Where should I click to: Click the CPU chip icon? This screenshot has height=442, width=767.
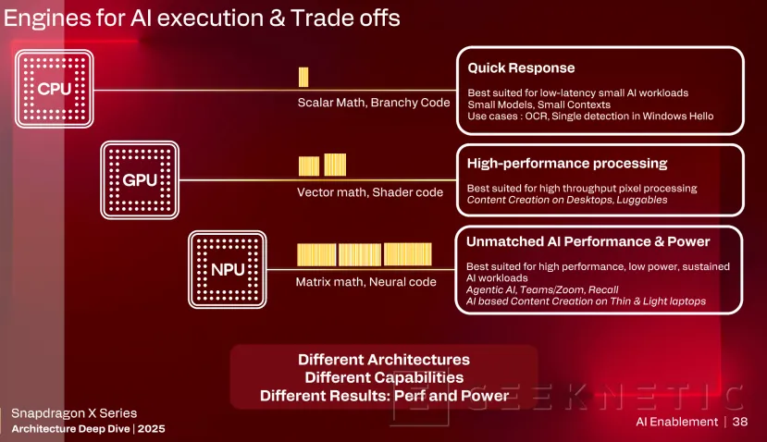(x=54, y=89)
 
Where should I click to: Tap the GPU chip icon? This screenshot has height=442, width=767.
(x=140, y=180)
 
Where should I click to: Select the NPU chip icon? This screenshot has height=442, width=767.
(x=227, y=269)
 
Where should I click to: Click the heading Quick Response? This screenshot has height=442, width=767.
(x=521, y=68)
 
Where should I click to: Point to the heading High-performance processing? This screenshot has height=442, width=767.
(x=567, y=164)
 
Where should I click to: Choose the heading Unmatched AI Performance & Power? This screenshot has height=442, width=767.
(x=588, y=242)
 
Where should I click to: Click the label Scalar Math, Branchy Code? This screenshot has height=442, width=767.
(x=373, y=102)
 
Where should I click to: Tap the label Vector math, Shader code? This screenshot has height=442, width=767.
(x=370, y=192)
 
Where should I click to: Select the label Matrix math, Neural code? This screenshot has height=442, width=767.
(x=365, y=281)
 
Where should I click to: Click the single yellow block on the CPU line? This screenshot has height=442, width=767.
(x=303, y=77)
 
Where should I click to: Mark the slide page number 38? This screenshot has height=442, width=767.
(x=739, y=422)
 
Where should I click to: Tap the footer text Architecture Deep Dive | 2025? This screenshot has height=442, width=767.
(x=89, y=429)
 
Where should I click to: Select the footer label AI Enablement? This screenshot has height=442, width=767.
(x=676, y=422)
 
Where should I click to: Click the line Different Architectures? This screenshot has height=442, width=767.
(x=383, y=359)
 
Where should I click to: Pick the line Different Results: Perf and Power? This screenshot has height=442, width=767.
(x=383, y=396)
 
